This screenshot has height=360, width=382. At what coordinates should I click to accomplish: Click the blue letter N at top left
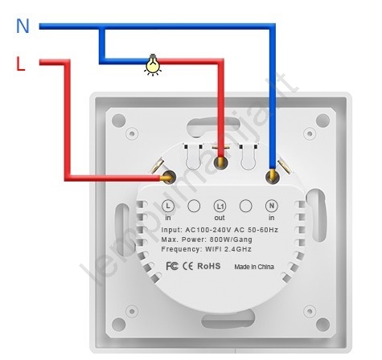click(23, 26)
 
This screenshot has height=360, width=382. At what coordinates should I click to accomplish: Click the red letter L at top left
click(21, 63)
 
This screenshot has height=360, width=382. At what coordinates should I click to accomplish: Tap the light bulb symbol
click(153, 64)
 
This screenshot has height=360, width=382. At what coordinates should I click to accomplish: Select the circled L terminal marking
click(168, 206)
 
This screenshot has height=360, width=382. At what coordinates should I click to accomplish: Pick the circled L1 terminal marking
click(220, 207)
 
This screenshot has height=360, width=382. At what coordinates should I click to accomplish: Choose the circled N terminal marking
click(272, 206)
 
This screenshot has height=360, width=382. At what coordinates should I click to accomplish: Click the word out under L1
click(220, 218)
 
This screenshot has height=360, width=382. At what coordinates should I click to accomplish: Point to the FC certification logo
click(172, 266)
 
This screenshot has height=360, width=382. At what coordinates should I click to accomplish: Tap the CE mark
click(187, 266)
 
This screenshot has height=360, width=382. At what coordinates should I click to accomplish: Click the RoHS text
click(209, 266)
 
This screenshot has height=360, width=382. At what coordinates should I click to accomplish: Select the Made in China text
click(254, 267)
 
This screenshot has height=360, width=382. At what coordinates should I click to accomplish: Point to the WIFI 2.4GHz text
click(228, 249)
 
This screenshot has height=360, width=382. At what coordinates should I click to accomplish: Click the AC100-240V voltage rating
click(208, 230)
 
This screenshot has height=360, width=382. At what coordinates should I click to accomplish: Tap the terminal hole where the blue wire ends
click(273, 177)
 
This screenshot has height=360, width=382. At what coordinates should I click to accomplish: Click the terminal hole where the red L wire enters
click(169, 177)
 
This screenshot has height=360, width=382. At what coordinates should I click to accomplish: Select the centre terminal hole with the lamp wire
click(220, 162)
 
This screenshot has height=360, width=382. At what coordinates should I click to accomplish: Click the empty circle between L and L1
click(194, 206)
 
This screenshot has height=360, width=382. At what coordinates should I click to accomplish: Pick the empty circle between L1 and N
click(246, 206)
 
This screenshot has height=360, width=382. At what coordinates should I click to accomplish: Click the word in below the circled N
click(272, 218)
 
